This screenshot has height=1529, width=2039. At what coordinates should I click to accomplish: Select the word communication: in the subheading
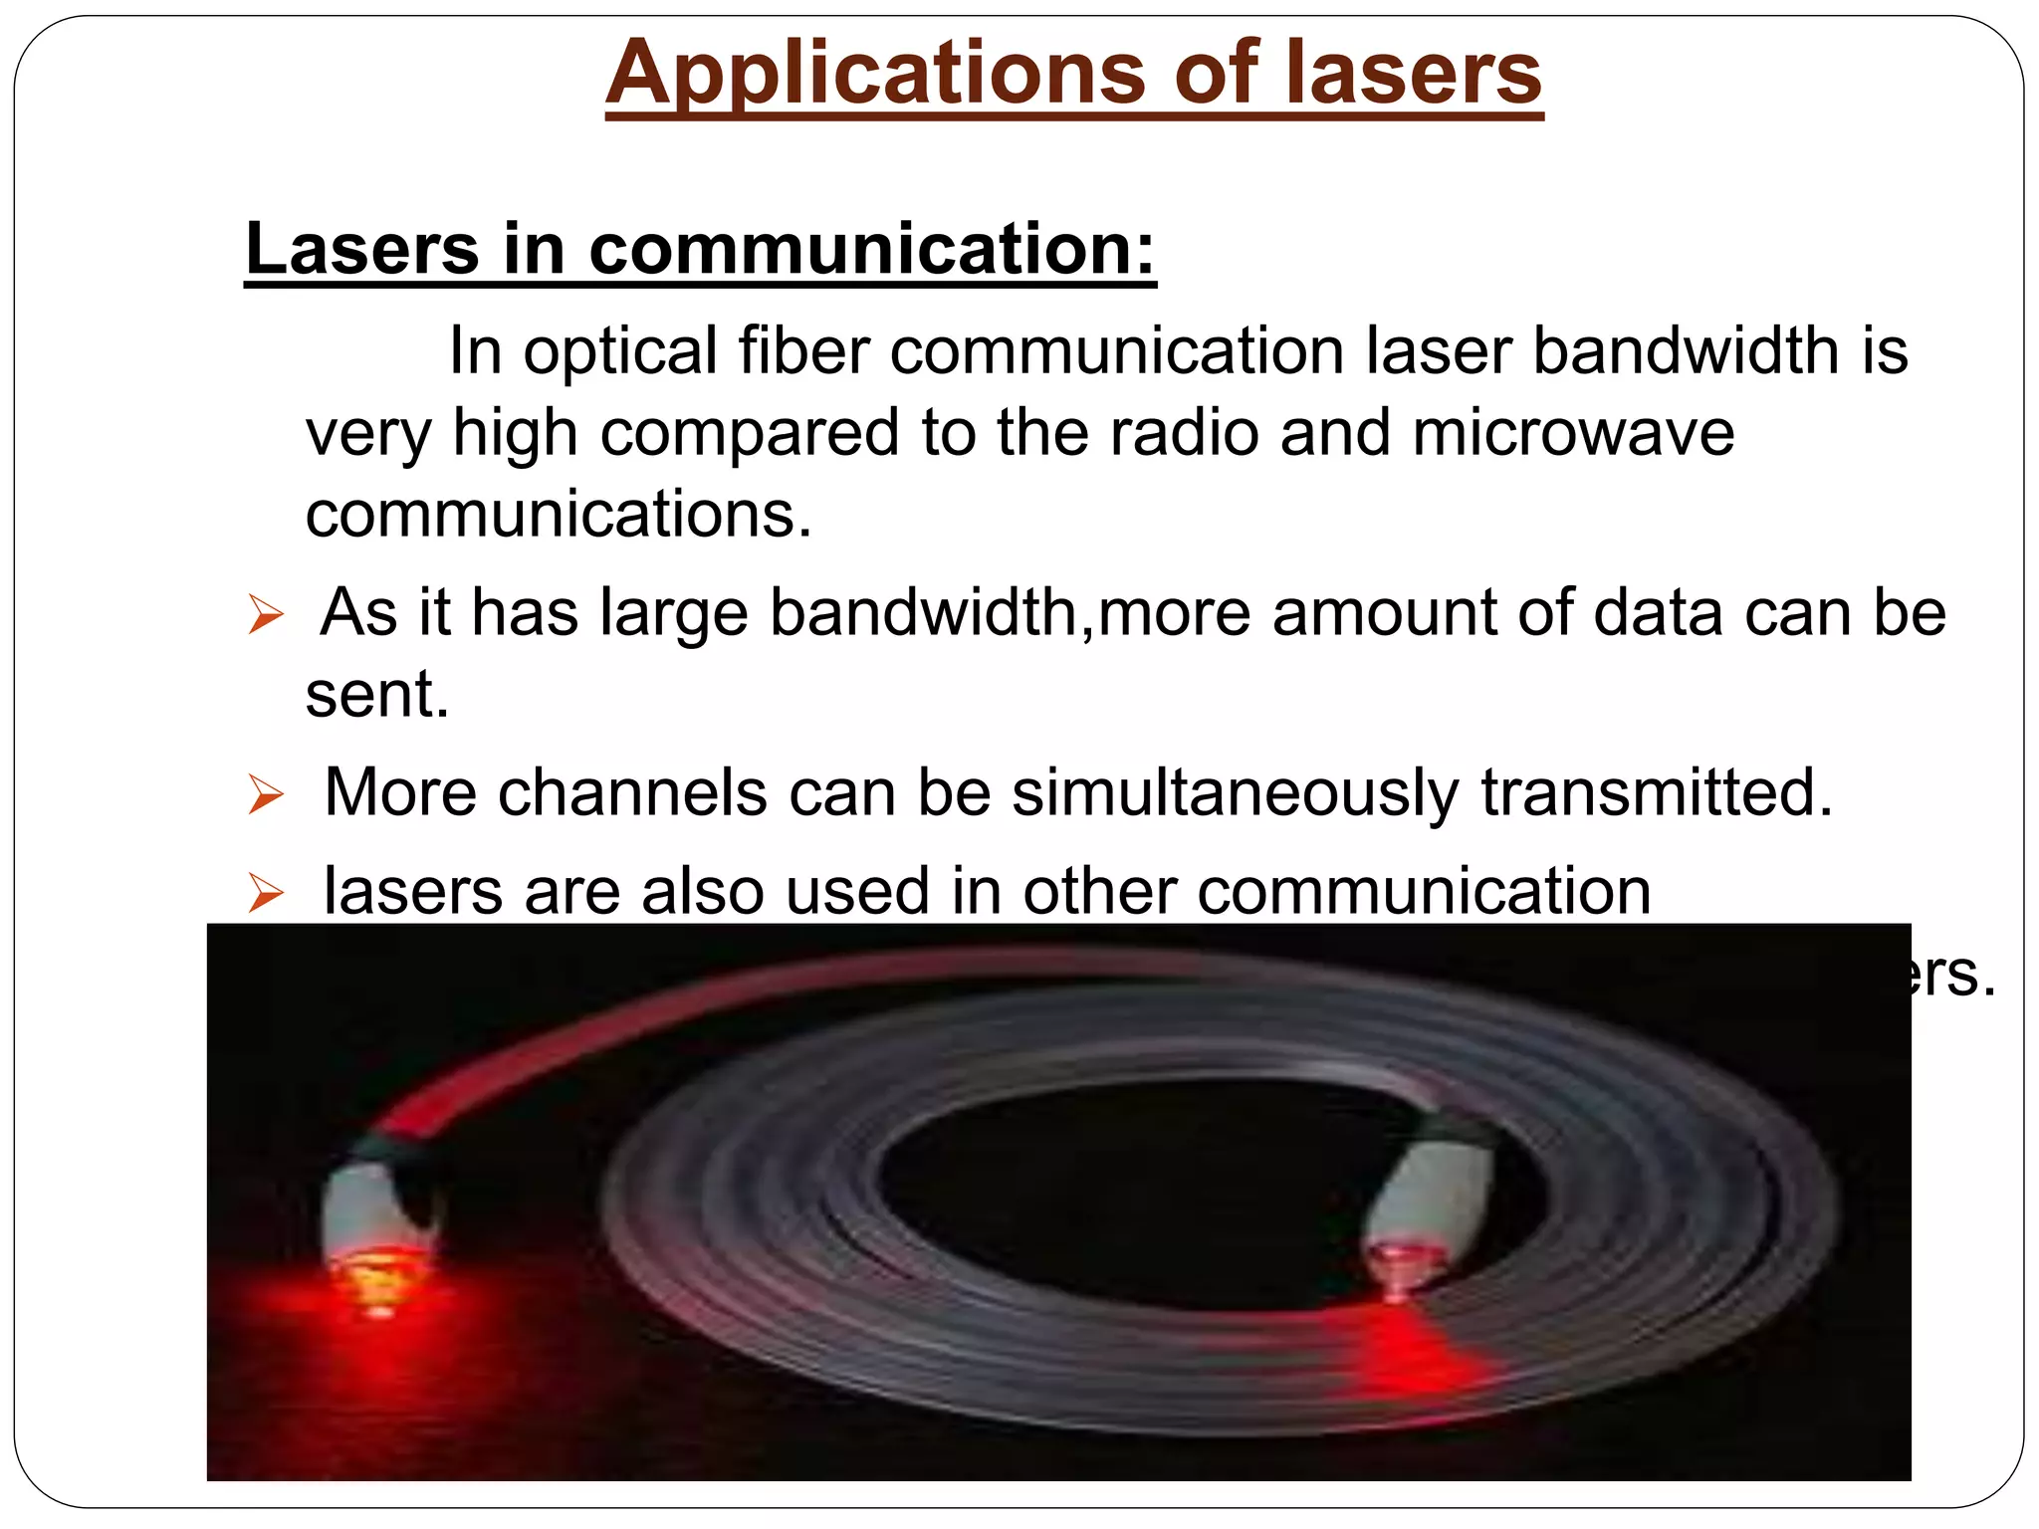[872, 249]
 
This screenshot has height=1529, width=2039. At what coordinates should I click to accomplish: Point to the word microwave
[1573, 433]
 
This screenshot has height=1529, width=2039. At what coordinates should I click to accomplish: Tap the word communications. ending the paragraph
[559, 515]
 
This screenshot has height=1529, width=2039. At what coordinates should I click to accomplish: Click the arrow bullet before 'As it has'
[266, 615]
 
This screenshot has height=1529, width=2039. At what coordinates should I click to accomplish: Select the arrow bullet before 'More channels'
[266, 796]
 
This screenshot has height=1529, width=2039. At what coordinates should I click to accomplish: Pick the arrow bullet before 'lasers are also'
[266, 893]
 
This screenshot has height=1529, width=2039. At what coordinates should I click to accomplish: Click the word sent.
[377, 694]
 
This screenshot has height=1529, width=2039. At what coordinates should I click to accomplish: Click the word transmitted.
[1656, 793]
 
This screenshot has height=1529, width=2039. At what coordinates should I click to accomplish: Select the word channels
[632, 793]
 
